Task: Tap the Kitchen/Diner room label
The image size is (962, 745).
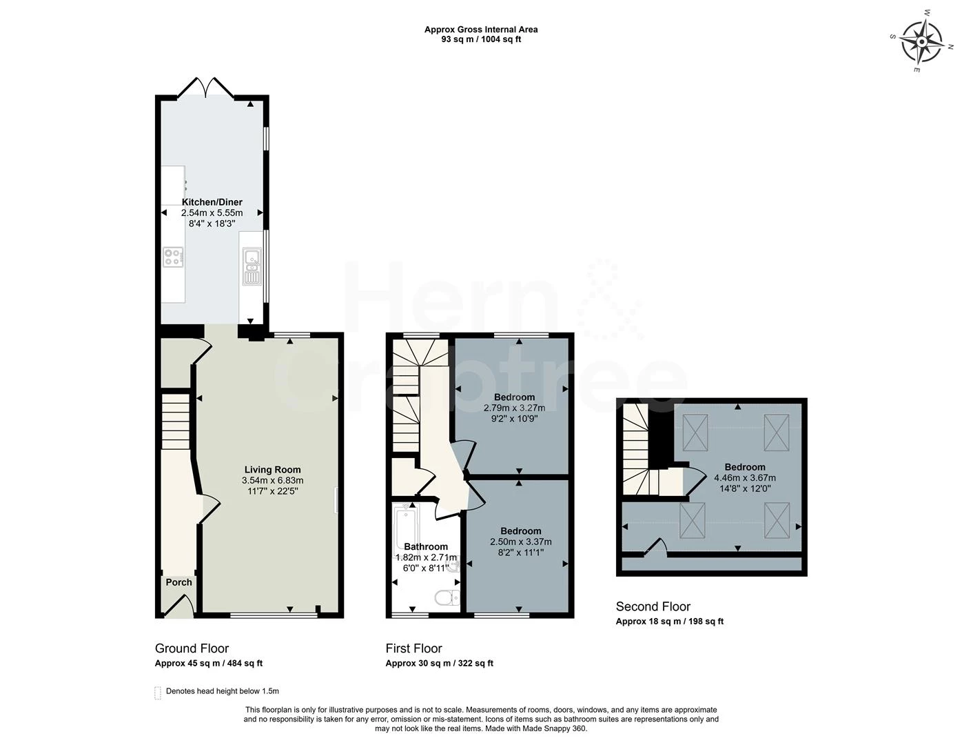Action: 212,202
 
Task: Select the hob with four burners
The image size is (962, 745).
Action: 174,258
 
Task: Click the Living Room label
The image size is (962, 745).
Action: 272,470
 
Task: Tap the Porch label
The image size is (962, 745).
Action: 179,582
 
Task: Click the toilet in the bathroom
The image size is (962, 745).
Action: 448,597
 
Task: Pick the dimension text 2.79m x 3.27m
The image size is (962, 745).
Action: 514,408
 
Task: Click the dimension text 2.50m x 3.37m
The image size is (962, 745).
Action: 520,542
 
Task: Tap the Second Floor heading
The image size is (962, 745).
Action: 653,607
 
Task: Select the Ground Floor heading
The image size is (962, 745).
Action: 192,648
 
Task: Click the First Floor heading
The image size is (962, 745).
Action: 413,648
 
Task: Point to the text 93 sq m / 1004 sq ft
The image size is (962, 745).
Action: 481,39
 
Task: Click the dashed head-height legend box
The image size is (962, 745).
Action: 158,692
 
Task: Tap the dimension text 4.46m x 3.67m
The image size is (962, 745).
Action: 744,477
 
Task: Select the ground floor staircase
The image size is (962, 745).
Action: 175,421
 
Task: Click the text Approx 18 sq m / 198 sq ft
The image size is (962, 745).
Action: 669,622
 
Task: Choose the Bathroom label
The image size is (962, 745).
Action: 425,546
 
